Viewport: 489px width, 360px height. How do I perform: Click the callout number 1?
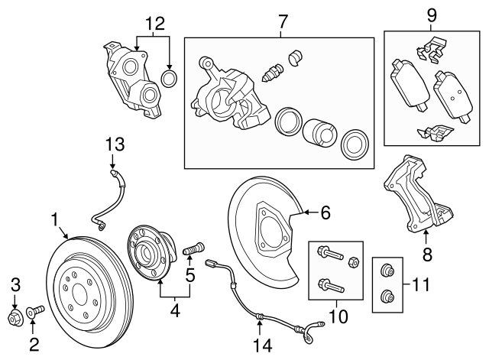click(x=55, y=220)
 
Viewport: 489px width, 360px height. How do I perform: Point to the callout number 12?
click(x=155, y=23)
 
